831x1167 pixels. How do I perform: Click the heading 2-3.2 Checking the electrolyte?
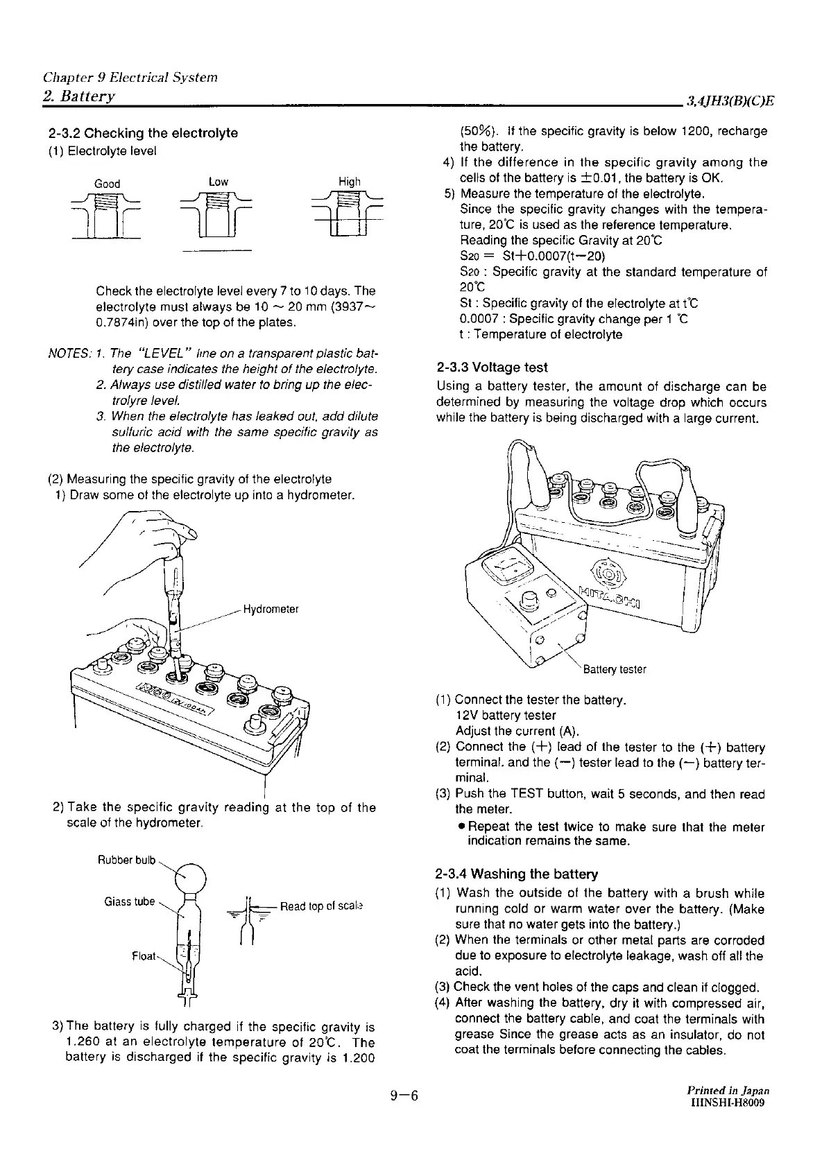[143, 132]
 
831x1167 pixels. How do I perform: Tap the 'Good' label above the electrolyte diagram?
[107, 184]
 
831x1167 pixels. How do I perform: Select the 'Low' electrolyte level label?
[219, 182]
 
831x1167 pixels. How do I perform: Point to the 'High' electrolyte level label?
[349, 182]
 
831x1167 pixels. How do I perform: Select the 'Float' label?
[145, 956]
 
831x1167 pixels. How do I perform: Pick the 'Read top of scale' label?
[322, 906]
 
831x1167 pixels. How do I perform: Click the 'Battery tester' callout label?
[615, 669]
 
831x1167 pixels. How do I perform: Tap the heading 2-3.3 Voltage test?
[492, 368]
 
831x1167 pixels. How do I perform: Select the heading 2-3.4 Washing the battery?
[516, 874]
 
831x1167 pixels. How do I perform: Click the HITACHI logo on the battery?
[610, 594]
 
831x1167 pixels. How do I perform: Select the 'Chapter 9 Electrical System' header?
[130, 77]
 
